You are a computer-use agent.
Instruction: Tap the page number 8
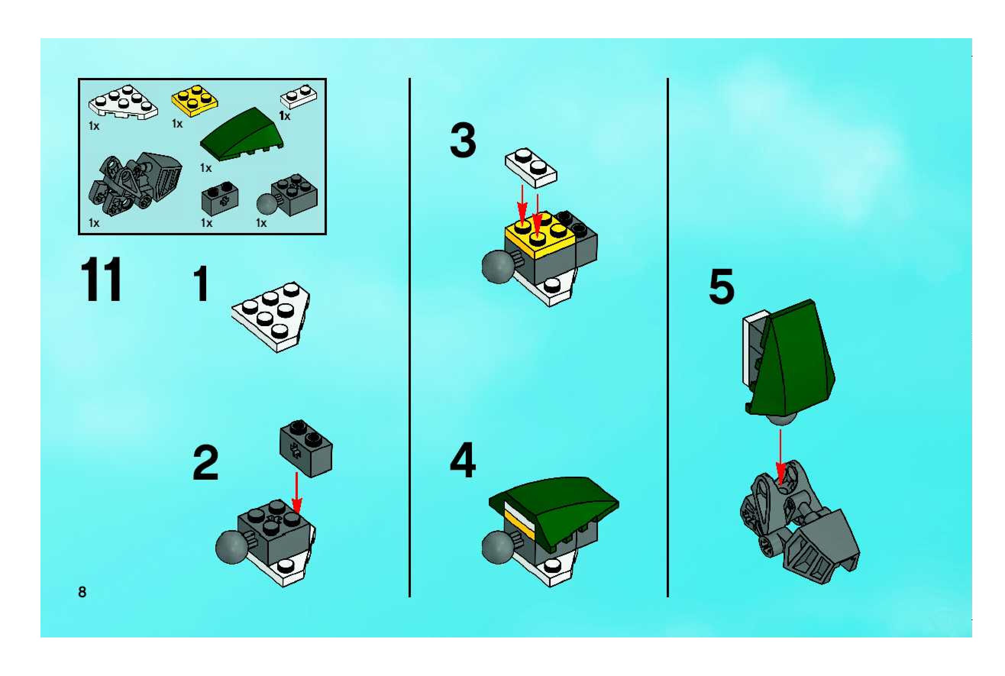point(82,592)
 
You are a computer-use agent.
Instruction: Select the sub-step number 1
point(201,284)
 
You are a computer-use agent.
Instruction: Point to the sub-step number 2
point(205,463)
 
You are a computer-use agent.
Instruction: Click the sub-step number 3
point(463,140)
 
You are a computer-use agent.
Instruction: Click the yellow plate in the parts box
point(194,101)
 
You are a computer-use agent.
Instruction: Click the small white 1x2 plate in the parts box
point(298,97)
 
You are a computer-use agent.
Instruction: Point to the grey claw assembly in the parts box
point(135,184)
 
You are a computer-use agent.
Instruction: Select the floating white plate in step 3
point(531,168)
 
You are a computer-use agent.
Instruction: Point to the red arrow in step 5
point(780,457)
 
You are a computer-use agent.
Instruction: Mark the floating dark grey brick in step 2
point(306,448)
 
